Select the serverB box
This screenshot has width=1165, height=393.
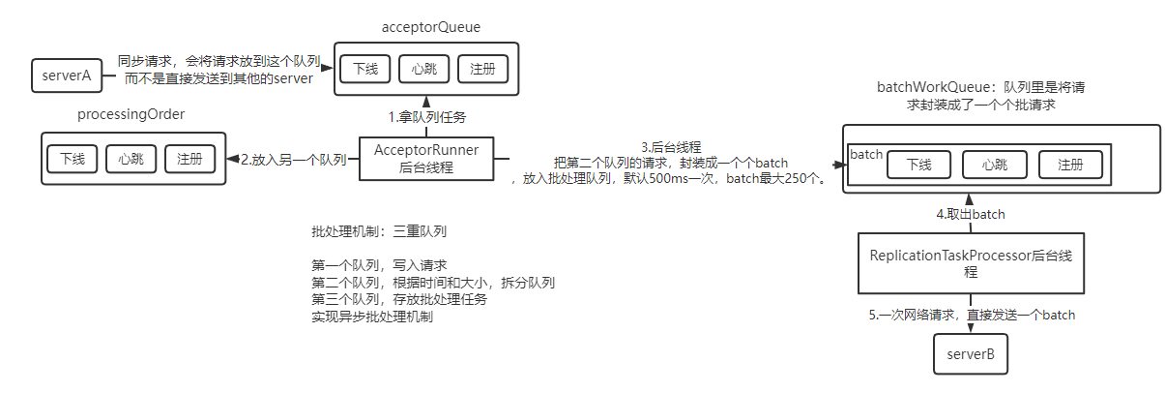pos(971,353)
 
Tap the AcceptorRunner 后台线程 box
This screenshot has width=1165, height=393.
pos(425,158)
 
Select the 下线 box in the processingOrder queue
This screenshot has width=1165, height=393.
pos(73,158)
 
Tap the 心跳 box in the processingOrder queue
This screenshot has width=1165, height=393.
pos(131,158)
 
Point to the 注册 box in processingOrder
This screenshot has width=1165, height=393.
pos(189,158)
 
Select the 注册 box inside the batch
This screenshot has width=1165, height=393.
pos(1070,165)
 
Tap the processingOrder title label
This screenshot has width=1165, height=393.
pos(131,115)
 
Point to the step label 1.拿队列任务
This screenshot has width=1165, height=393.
pos(427,117)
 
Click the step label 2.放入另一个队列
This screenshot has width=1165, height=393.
pos(293,159)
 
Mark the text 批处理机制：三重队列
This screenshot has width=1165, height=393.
pos(378,232)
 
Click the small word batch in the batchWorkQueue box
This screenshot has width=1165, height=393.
pos(866,155)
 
